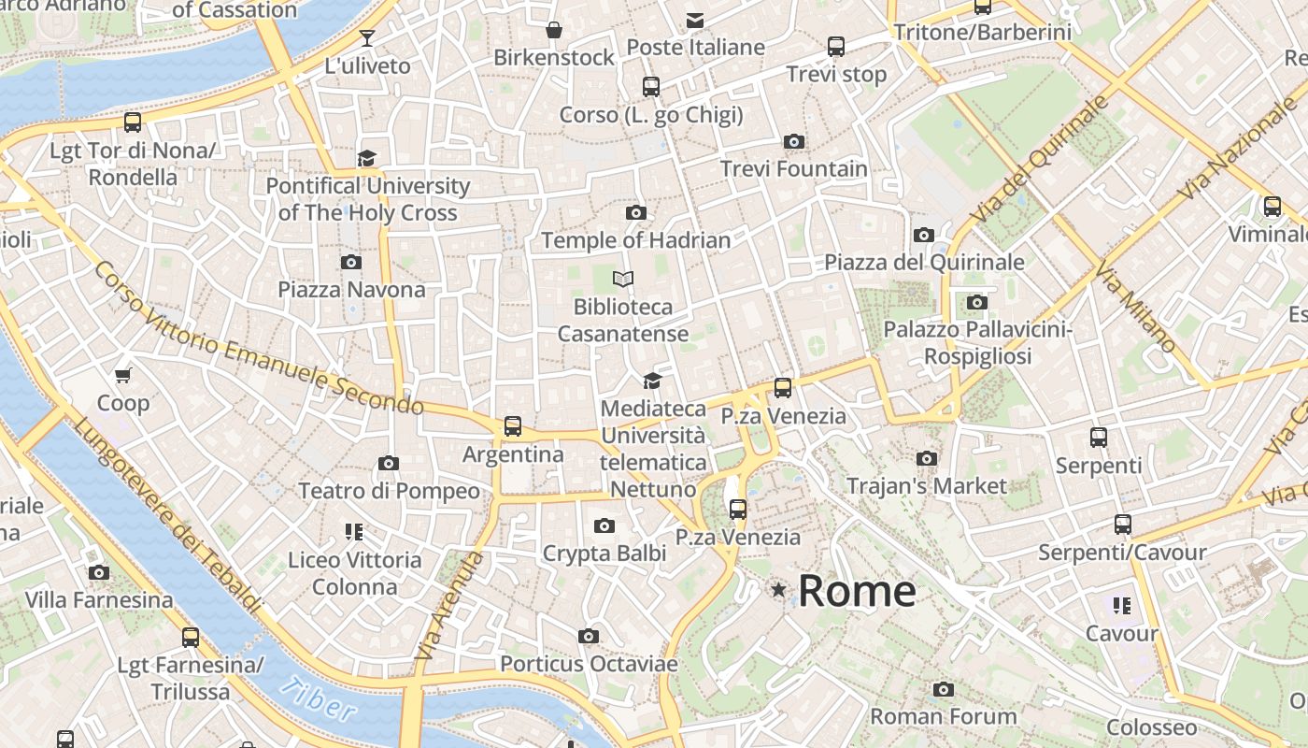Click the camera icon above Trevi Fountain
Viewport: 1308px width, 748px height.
coord(794,142)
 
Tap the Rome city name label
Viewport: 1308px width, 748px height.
coord(857,591)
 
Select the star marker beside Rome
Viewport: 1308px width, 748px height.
coord(778,590)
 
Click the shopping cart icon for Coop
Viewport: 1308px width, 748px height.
coord(122,376)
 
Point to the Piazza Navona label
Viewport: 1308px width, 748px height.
coord(351,290)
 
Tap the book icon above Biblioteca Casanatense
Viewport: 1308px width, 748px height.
coord(623,279)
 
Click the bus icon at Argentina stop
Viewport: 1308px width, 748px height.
coord(513,426)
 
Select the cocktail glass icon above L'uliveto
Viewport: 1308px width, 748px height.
coord(367,38)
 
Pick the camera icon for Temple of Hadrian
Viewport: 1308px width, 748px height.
coord(636,213)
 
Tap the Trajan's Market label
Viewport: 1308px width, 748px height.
coord(926,486)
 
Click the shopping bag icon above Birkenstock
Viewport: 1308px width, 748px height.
coord(554,30)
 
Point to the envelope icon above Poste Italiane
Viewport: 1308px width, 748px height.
coord(695,20)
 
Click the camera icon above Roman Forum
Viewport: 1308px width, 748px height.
coord(944,690)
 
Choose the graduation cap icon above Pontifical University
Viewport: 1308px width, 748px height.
coord(366,158)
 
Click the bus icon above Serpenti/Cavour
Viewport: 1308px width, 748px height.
coord(1123,525)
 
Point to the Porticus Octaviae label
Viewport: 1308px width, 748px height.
coord(589,664)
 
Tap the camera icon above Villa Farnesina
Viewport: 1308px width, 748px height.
coord(99,573)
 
